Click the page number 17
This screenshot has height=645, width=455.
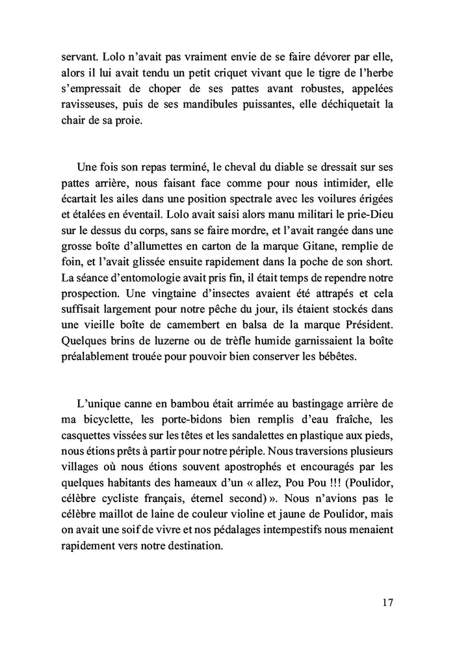point(387,602)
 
